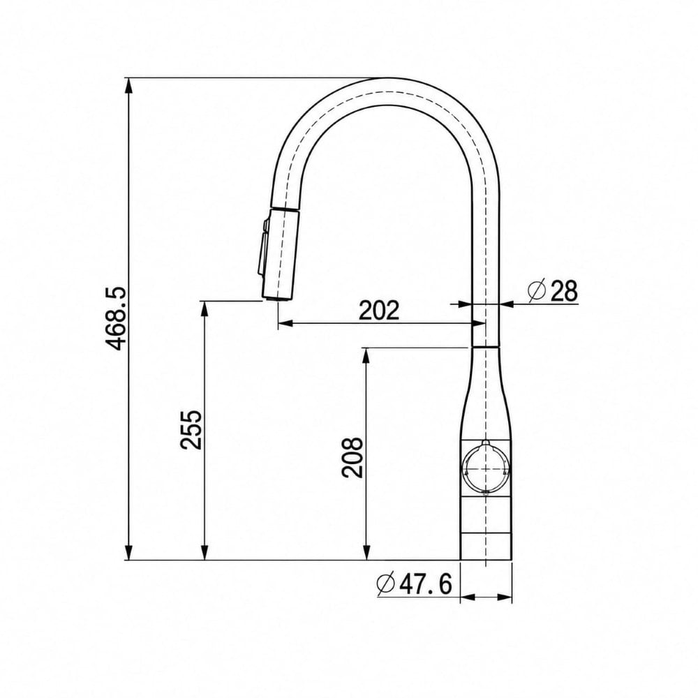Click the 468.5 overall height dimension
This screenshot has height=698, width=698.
click(x=117, y=319)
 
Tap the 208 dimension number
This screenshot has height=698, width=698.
click(x=352, y=458)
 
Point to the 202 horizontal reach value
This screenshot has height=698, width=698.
click(x=379, y=311)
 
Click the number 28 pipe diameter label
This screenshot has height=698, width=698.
click(x=564, y=292)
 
